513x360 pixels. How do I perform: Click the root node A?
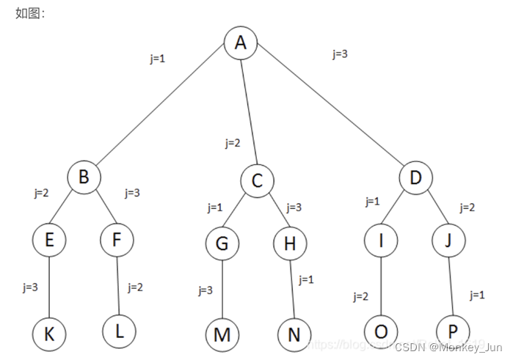pos(241,44)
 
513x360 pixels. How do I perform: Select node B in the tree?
pos(84,177)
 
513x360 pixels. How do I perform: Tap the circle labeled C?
pos(257,180)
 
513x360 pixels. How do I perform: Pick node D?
pos(416,177)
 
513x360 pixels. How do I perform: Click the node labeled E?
pos(48,240)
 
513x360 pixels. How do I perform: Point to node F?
pos(117,240)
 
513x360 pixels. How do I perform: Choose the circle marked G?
pos(222,243)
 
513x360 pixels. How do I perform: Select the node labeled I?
pos(382,240)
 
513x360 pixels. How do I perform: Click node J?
pos(448,240)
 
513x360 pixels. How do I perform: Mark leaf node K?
pos(49,333)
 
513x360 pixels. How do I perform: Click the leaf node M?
pos(222,334)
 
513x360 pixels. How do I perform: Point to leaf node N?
pos(294,334)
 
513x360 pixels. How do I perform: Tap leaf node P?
pos(454,332)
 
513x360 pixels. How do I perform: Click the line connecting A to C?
pos(249,110)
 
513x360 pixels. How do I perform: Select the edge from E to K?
pos(48,287)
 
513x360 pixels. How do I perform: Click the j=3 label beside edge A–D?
pos(340,54)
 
